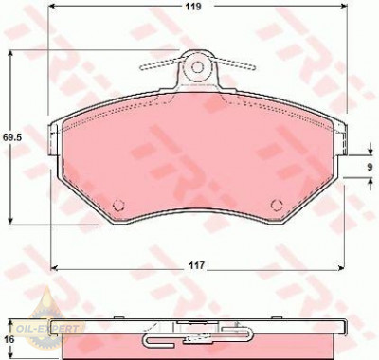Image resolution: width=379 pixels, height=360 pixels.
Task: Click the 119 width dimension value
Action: click(x=193, y=7)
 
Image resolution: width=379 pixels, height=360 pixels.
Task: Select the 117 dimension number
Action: click(x=197, y=265)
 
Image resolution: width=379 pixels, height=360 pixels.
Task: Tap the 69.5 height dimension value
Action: click(x=12, y=137)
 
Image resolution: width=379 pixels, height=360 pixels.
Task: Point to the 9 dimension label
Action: click(x=370, y=167)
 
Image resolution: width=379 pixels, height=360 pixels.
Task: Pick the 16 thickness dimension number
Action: click(x=10, y=339)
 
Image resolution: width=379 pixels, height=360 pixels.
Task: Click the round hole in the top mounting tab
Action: click(x=198, y=67)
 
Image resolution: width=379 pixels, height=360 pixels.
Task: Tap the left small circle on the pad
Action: click(x=119, y=205)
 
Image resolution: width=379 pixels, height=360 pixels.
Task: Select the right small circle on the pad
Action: click(x=277, y=205)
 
